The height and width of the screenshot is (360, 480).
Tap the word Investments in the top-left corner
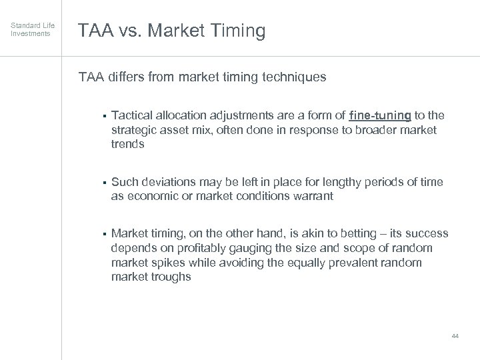click(x=29, y=33)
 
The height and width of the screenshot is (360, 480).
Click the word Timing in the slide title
click(x=238, y=31)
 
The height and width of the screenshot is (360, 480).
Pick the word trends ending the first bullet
click(x=128, y=143)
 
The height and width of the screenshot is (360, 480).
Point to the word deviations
click(x=165, y=182)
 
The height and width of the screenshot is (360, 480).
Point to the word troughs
click(x=170, y=276)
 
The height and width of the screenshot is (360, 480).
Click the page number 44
click(x=455, y=335)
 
